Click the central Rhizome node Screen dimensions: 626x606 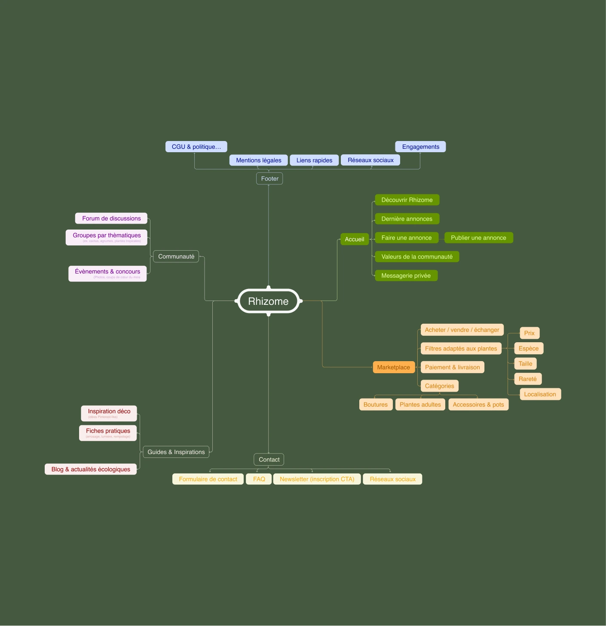click(x=268, y=301)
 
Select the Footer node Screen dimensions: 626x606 click(x=269, y=178)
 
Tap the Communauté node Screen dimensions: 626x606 click(x=176, y=256)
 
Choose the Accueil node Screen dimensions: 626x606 click(x=354, y=239)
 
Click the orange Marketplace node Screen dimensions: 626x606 click(x=393, y=367)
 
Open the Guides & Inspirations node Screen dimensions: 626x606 click(x=176, y=452)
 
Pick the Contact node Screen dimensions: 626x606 click(x=269, y=460)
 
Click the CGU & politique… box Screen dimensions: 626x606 click(x=196, y=147)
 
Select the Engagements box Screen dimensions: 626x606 click(x=420, y=147)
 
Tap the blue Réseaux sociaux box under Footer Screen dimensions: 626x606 click(x=370, y=160)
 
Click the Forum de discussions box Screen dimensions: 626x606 click(x=111, y=218)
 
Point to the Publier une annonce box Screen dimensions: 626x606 click(x=478, y=238)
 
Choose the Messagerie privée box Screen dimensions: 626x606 click(x=406, y=276)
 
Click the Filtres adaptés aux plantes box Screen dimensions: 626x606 click(x=461, y=349)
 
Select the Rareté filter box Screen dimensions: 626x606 click(x=527, y=379)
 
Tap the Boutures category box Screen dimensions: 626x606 click(x=375, y=405)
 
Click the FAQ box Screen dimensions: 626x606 click(x=259, y=479)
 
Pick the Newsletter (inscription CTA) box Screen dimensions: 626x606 click(x=317, y=479)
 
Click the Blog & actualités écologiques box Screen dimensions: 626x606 click(x=91, y=469)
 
